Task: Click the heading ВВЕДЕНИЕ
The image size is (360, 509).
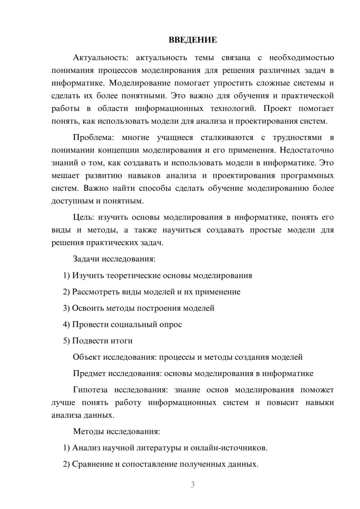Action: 193,40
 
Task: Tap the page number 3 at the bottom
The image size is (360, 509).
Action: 193,485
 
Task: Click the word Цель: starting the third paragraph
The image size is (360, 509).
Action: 84,217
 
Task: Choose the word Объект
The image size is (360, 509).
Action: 87,357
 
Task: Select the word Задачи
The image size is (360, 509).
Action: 86,259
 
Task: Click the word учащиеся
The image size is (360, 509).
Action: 175,138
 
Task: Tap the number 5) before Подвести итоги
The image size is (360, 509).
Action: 66,341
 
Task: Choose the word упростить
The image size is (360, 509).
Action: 233,83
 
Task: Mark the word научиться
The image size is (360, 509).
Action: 181,230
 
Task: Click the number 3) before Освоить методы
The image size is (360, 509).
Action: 66,308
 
